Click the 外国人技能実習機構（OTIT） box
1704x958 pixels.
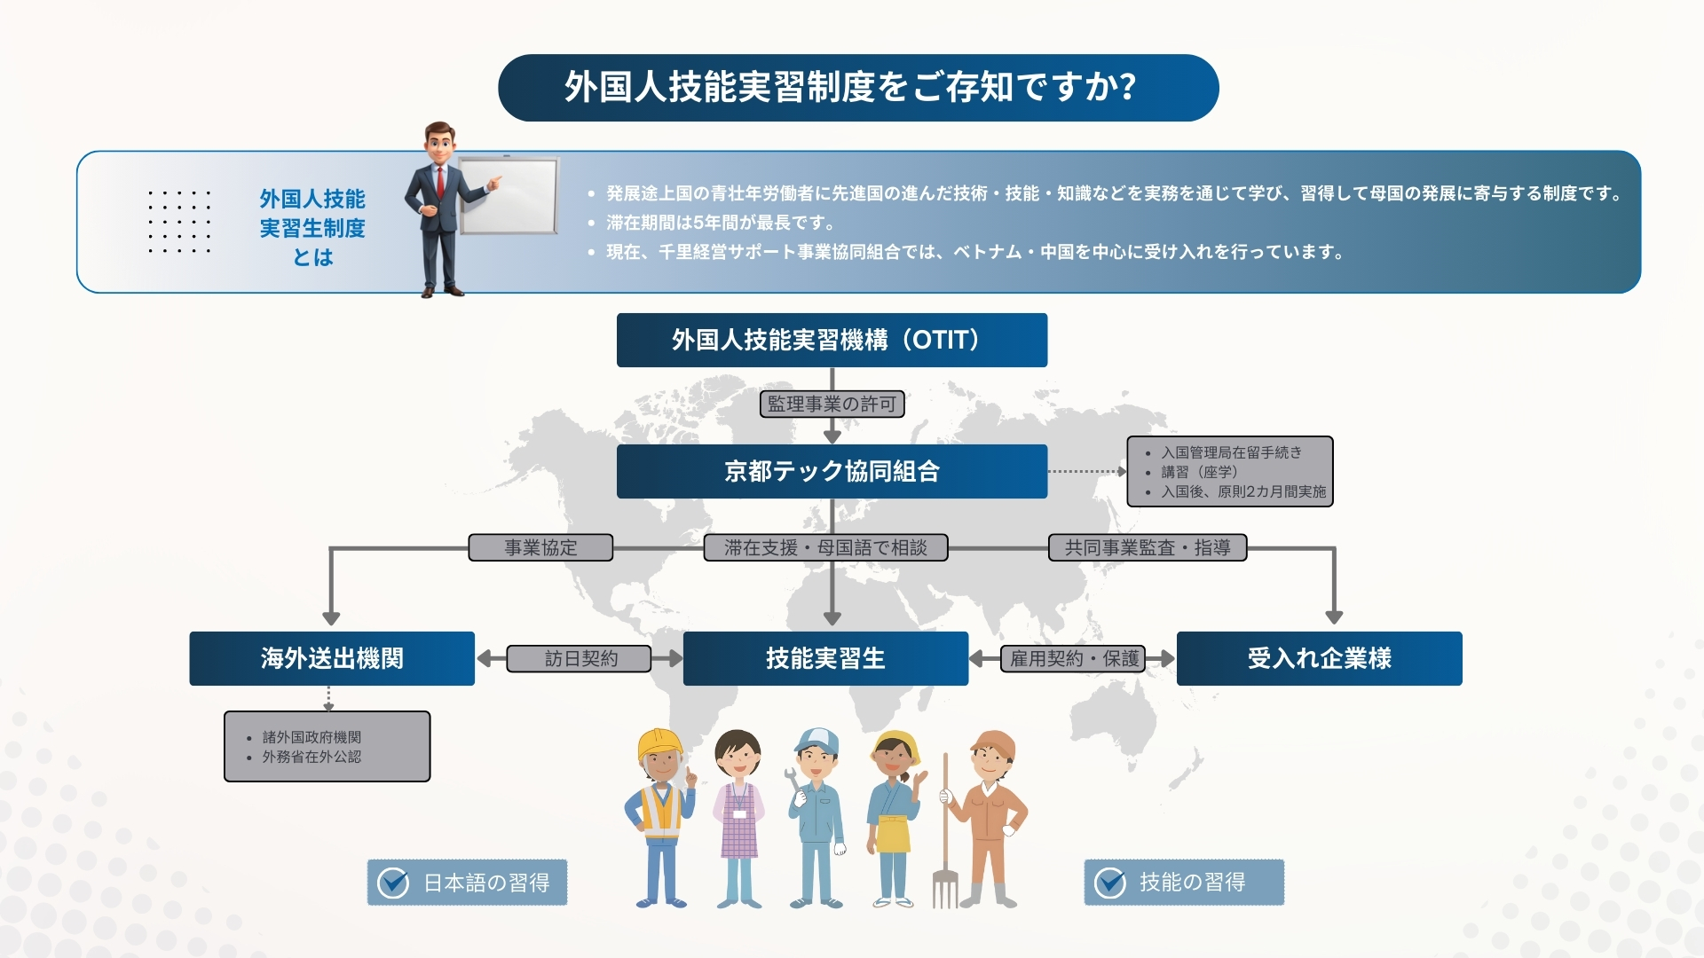tap(832, 340)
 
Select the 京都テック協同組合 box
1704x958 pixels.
tap(832, 471)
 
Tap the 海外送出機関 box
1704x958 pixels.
tap(332, 658)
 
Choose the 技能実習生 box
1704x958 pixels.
tap(825, 658)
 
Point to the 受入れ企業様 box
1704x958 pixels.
tap(1319, 658)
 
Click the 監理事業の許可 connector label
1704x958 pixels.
tap(832, 404)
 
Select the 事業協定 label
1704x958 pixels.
tap(540, 547)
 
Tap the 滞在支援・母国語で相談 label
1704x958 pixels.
tap(825, 547)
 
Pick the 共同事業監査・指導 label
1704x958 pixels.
tap(1148, 547)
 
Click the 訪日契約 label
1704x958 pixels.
tap(580, 658)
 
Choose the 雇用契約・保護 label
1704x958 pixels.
tap(1073, 658)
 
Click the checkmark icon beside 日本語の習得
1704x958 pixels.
tap(393, 883)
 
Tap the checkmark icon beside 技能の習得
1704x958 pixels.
tap(1109, 883)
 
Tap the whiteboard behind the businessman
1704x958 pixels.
tap(509, 196)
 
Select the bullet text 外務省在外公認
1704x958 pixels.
tap(312, 757)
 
